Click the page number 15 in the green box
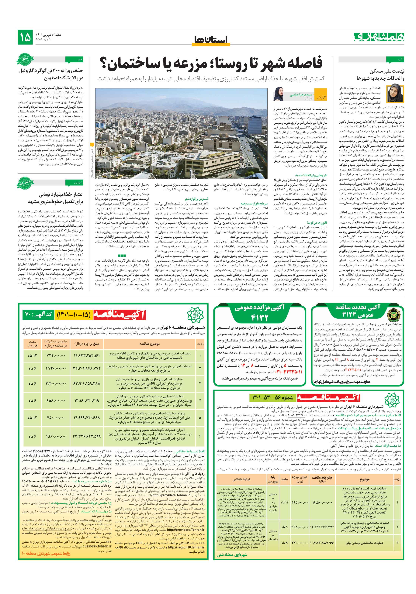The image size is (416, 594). pos(25,37)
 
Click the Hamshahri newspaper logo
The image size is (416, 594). pos(379,37)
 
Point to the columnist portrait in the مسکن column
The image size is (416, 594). pos(395,94)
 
